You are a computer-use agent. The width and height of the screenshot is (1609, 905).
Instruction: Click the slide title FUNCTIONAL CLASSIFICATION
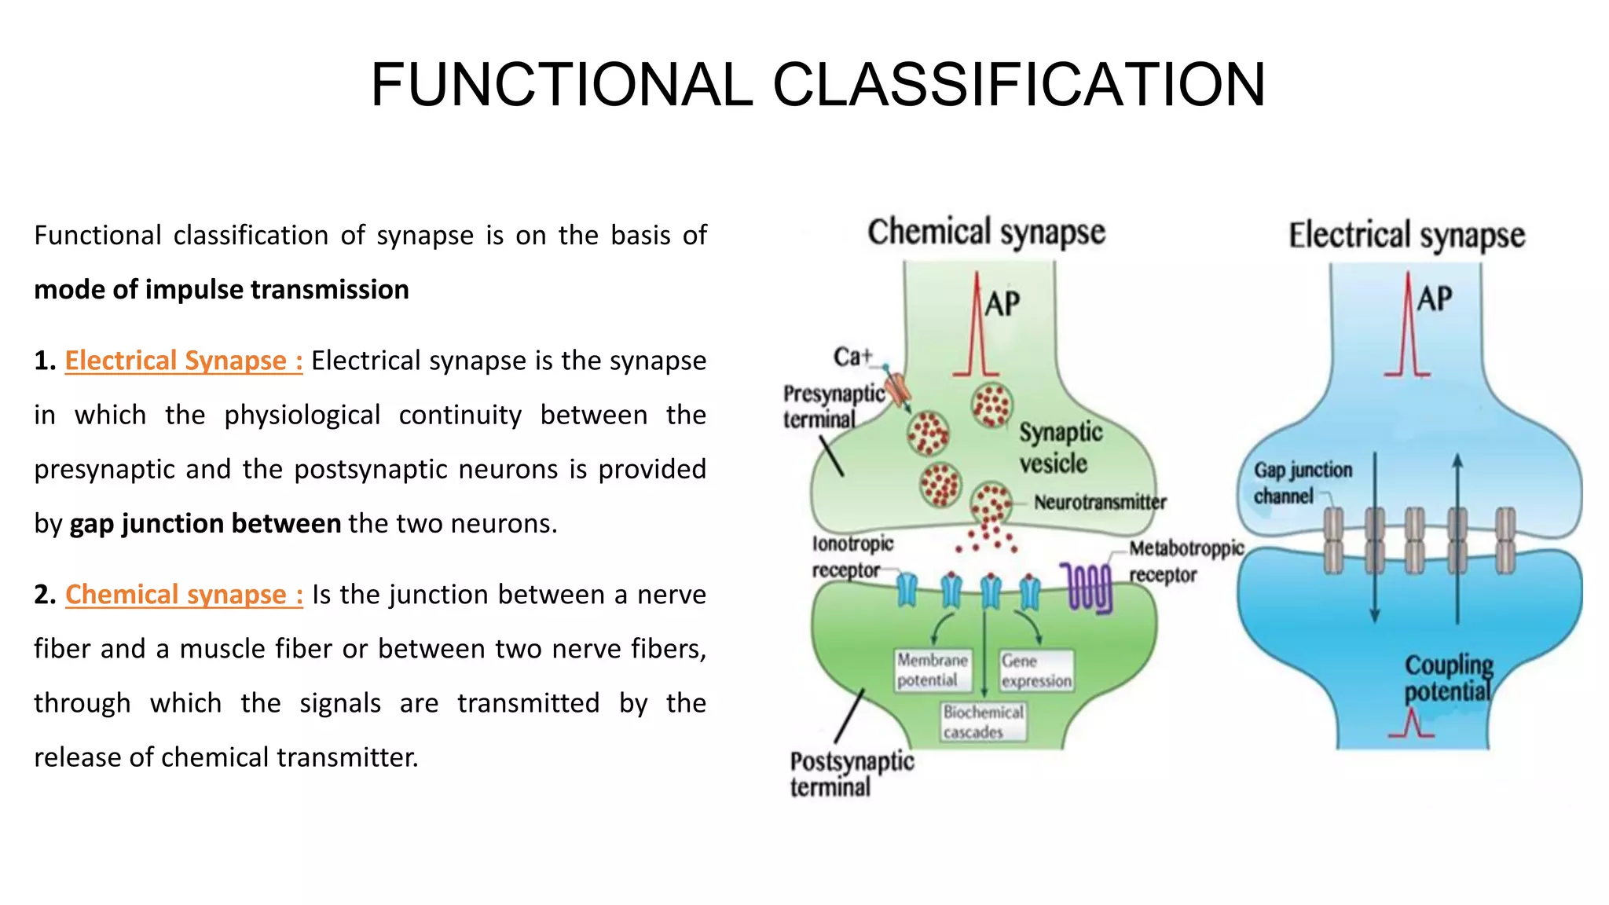tap(817, 85)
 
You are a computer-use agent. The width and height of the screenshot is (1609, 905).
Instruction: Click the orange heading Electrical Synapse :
tap(183, 361)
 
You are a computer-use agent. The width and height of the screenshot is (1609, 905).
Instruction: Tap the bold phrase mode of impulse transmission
tap(222, 290)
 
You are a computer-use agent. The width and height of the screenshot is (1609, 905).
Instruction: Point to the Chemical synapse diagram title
tap(986, 233)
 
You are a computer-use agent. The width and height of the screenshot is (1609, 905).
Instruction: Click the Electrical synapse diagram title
tap(1406, 236)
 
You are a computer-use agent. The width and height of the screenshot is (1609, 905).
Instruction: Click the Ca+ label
tap(852, 357)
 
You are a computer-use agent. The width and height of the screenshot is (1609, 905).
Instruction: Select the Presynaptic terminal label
tap(833, 406)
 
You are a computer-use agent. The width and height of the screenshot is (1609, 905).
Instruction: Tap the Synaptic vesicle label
tap(1060, 448)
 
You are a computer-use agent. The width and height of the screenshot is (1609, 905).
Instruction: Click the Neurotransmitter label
tap(1099, 502)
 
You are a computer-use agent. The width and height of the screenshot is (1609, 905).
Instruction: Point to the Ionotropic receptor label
tap(852, 556)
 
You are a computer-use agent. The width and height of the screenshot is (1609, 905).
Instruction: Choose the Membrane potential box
tap(932, 670)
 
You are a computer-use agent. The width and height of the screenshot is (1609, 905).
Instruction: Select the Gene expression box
tap(1035, 671)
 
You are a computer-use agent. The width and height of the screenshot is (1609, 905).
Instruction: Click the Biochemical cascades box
tap(983, 722)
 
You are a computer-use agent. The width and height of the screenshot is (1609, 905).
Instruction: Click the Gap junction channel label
tap(1302, 482)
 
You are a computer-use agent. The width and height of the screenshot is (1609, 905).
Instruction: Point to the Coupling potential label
tap(1447, 678)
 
